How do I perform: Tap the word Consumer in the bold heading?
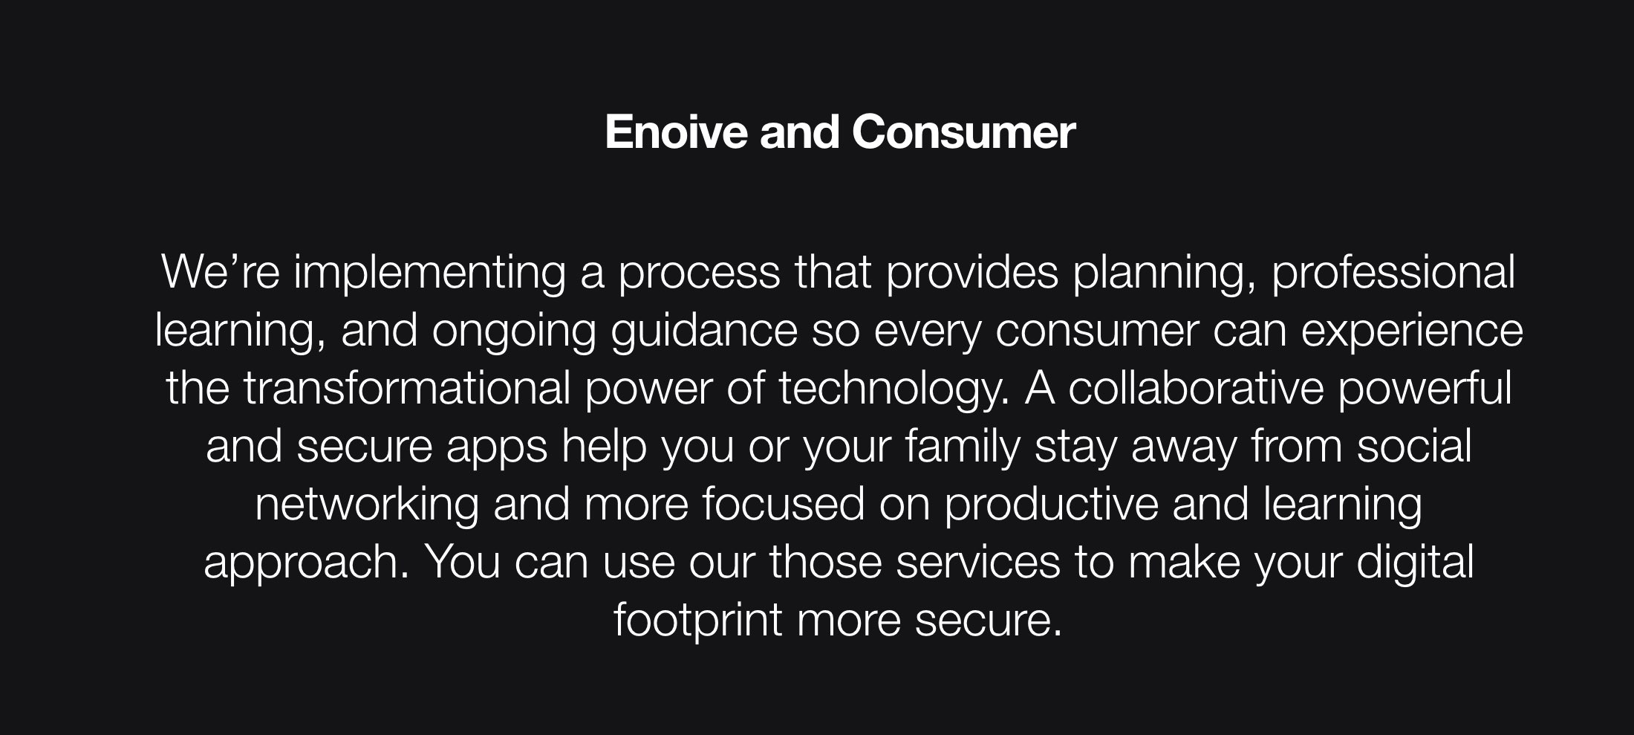(x=963, y=132)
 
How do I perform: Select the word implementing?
(x=429, y=272)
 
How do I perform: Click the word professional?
(x=1393, y=272)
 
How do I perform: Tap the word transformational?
(x=406, y=388)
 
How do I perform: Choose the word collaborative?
(x=1196, y=388)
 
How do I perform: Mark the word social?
(x=1414, y=446)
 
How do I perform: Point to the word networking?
(x=367, y=505)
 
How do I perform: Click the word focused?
(x=783, y=504)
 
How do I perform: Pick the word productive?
(x=1051, y=505)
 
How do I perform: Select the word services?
(x=977, y=562)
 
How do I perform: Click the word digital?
(x=1415, y=563)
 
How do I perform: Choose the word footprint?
(x=698, y=621)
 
